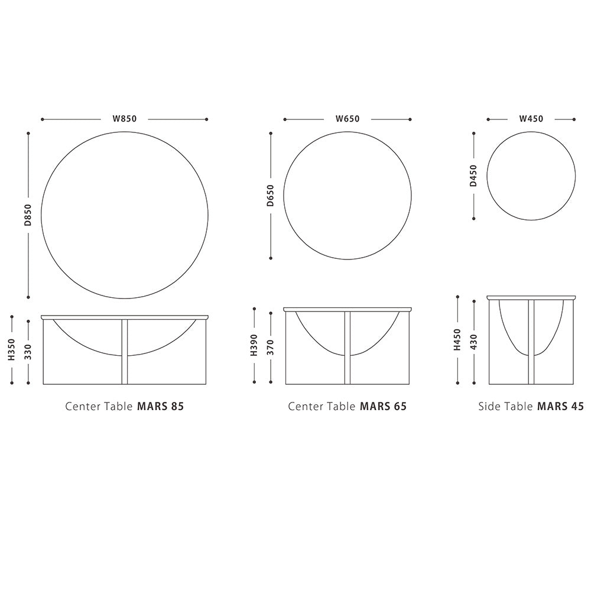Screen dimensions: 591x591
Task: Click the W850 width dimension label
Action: click(125, 119)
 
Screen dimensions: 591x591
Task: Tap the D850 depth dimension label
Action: click(28, 215)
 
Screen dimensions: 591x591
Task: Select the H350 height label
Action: click(12, 349)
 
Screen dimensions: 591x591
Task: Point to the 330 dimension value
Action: click(28, 352)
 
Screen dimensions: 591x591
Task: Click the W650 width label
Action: click(348, 119)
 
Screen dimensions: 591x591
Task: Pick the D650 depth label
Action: click(270, 196)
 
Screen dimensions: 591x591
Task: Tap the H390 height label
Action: click(254, 345)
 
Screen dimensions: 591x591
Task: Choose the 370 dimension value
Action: click(270, 348)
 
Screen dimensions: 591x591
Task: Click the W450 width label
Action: click(531, 119)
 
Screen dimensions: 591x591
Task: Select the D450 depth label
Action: click(473, 176)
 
